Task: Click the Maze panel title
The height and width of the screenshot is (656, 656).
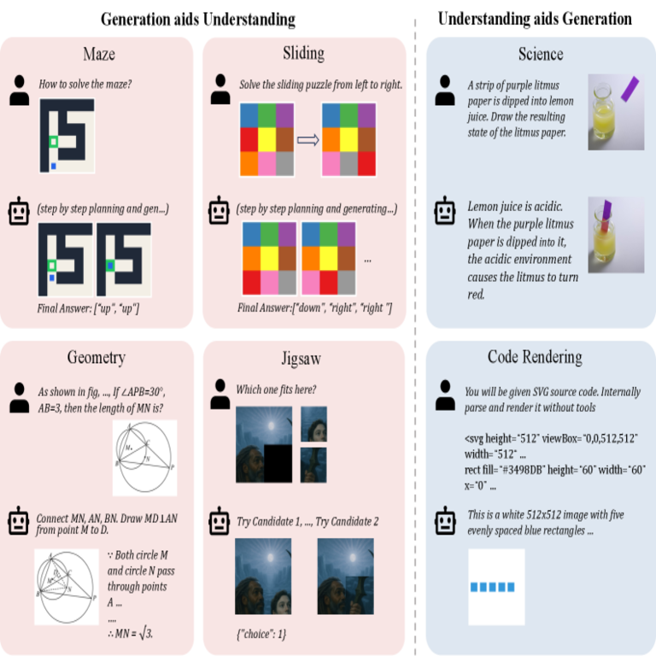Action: click(98, 54)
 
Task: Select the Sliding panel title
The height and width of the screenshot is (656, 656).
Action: click(303, 53)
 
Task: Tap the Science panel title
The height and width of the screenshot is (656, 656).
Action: click(540, 55)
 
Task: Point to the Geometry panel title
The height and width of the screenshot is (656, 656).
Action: click(97, 357)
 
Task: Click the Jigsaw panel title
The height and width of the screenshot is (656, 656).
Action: click(303, 358)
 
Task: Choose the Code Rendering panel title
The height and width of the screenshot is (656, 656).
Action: click(535, 357)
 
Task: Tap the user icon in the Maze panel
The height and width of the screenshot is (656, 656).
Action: click(20, 89)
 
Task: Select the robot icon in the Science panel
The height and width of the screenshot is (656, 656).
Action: click(445, 210)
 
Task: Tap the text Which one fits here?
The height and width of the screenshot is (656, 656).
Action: click(276, 390)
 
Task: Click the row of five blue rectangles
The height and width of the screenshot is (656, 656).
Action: click(496, 588)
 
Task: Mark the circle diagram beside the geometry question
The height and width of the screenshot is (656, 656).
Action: click(144, 457)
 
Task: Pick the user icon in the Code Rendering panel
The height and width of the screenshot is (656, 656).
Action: click(444, 396)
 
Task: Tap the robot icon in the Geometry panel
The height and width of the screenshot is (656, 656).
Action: click(19, 519)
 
